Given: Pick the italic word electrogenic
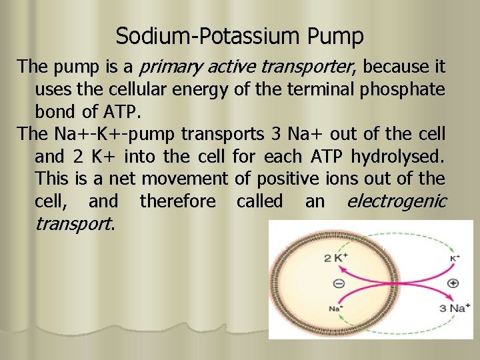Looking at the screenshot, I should [396, 201].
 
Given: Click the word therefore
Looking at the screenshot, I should [177, 201].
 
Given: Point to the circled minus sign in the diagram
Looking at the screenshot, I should [338, 283].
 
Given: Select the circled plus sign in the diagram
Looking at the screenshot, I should [453, 283].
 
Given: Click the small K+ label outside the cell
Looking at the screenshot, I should [454, 257].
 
